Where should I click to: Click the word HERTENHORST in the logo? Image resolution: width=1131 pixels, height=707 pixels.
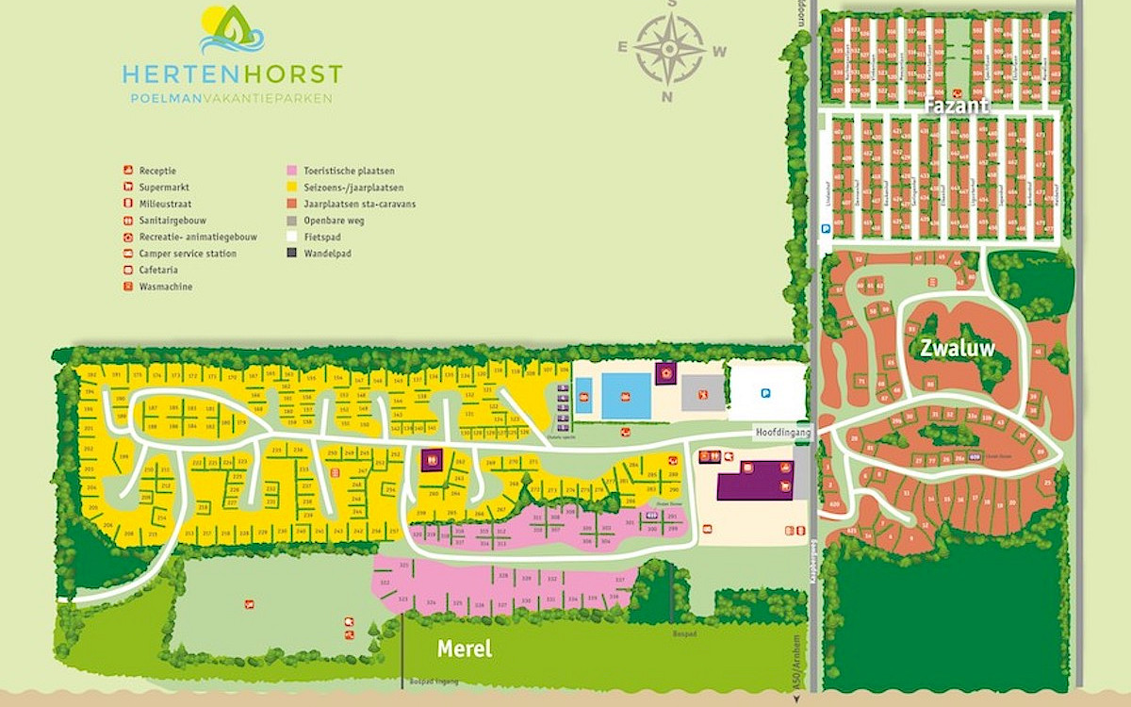point(231,74)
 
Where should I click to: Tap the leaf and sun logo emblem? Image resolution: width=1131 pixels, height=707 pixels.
point(232,30)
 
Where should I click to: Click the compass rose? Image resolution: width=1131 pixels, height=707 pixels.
point(669,49)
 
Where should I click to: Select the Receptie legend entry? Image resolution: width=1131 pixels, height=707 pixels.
point(157,171)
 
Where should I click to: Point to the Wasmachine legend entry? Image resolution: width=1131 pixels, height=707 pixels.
point(165,287)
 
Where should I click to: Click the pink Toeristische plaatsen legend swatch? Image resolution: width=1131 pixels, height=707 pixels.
point(291,171)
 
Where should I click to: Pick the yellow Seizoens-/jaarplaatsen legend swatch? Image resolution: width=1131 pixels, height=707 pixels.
point(291,188)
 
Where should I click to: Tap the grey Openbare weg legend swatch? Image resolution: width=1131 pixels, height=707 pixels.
point(291,221)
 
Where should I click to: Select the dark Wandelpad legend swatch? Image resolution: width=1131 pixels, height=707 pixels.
point(291,254)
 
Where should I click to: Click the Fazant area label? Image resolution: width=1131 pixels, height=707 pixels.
point(956,106)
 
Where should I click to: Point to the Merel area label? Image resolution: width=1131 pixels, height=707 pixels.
point(465,649)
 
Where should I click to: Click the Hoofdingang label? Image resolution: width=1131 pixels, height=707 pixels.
point(781,431)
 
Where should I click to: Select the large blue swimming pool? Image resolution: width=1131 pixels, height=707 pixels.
point(625,395)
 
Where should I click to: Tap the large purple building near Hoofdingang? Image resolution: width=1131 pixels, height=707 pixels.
point(754,481)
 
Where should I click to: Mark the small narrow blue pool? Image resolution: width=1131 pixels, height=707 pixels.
point(583,396)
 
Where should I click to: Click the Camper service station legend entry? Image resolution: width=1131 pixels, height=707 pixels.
point(187,254)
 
